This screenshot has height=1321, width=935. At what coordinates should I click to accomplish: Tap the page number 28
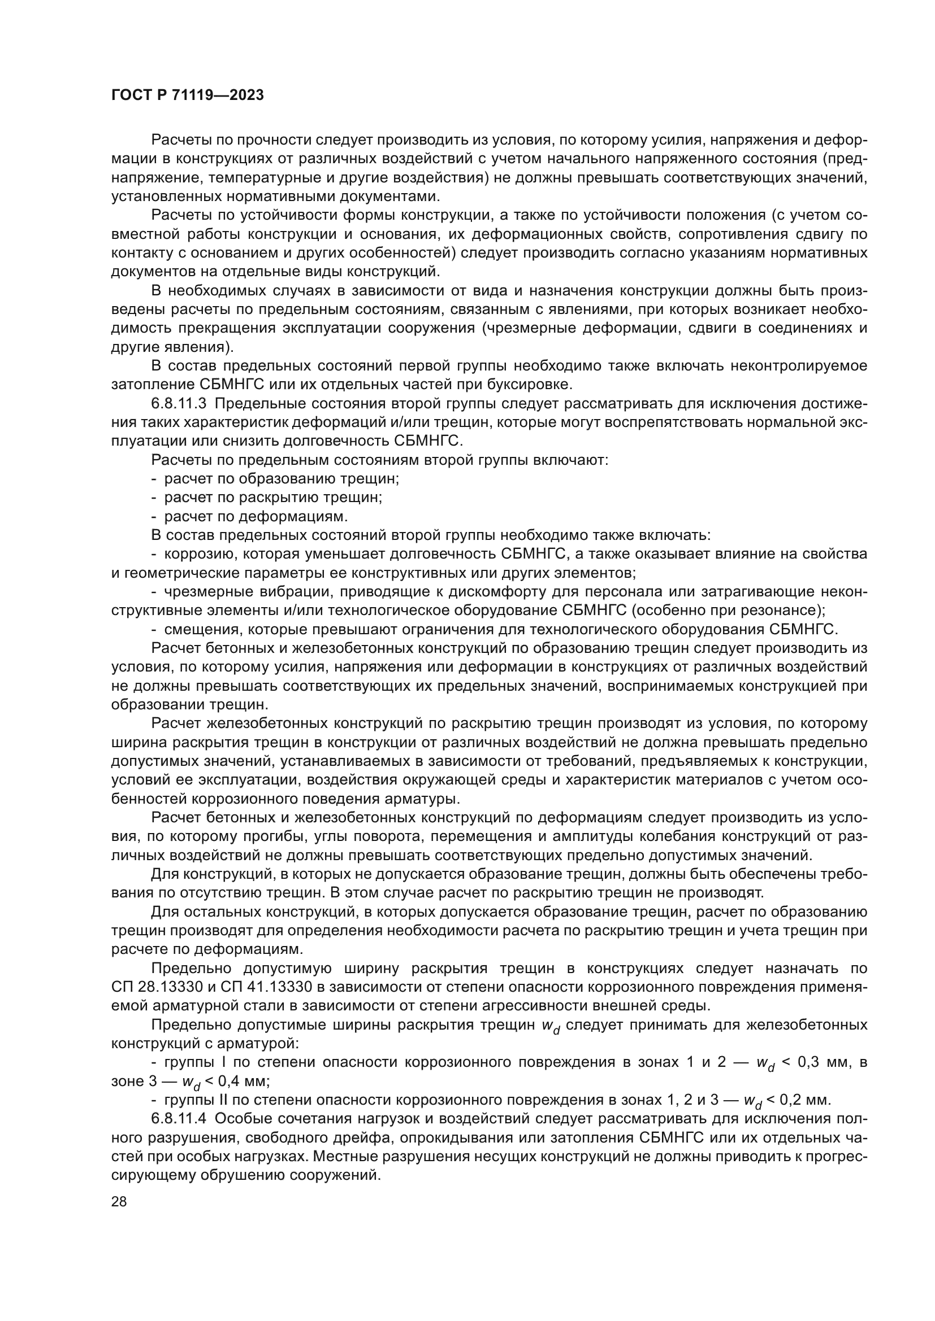[119, 1202]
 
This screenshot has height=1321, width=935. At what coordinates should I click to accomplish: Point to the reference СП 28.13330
[156, 987]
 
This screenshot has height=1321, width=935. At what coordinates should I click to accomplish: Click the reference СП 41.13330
[266, 987]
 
